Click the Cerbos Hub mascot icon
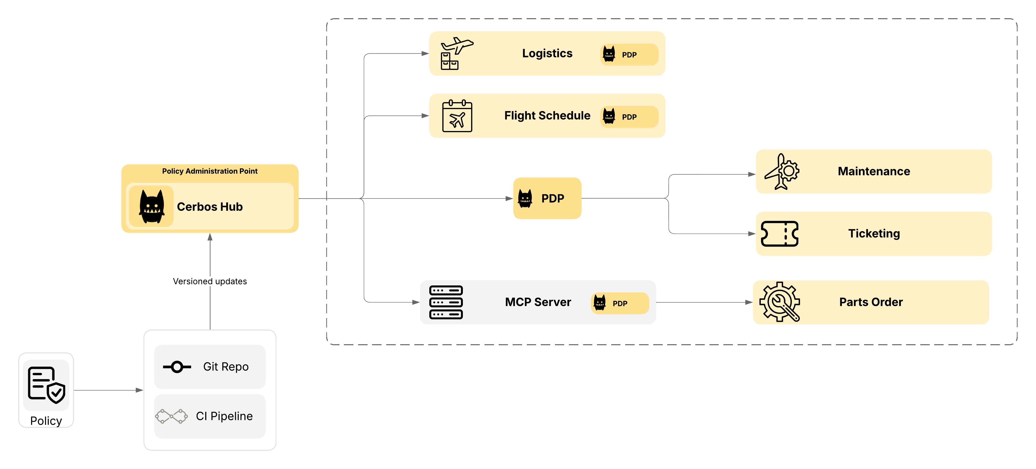pyautogui.click(x=152, y=206)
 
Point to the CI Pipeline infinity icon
pyautogui.click(x=171, y=416)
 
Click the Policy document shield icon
pyautogui.click(x=46, y=385)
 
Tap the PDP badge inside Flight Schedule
pyautogui.click(x=629, y=117)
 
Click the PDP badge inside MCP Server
pyautogui.click(x=619, y=303)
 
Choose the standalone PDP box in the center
pyautogui.click(x=547, y=199)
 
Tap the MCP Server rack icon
pyautogui.click(x=446, y=302)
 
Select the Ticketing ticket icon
pyautogui.click(x=779, y=233)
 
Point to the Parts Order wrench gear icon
pyautogui.click(x=779, y=302)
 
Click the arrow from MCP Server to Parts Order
pyautogui.click(x=704, y=302)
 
